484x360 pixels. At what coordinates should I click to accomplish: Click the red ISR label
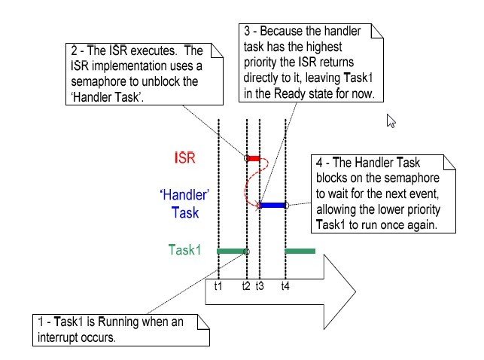[184, 158]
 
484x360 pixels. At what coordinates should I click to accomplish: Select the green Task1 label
[185, 250]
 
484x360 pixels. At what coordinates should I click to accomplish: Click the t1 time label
[218, 286]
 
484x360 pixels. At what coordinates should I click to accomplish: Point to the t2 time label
[246, 286]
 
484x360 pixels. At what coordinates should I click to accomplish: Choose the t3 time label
[260, 286]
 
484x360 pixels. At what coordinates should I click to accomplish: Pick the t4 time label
[285, 286]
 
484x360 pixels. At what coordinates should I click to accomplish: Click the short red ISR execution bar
[254, 158]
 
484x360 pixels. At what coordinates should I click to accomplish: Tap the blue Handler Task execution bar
[272, 205]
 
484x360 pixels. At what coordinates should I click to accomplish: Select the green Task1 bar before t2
[232, 251]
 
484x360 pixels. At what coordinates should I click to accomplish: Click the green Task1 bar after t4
[300, 251]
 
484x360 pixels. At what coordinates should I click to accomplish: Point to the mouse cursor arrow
[391, 121]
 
